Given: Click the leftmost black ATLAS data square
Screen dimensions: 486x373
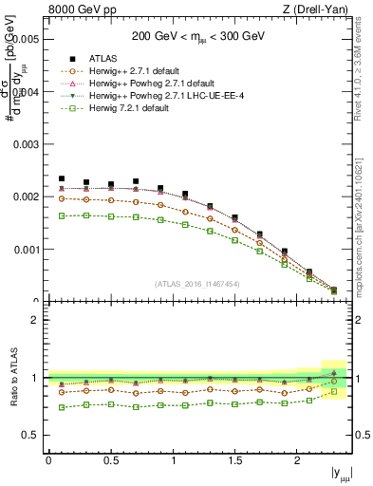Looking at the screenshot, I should [x=62, y=178].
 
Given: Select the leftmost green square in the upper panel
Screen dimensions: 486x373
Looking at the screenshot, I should [x=62, y=216].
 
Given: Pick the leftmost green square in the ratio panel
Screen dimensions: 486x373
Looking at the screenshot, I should [x=62, y=407].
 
